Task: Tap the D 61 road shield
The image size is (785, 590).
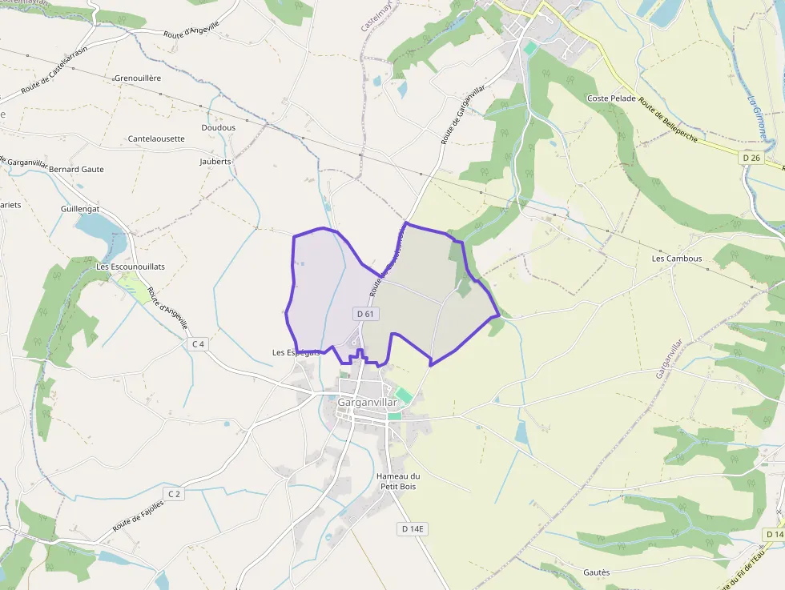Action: coord(365,314)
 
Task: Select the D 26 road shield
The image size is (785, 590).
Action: coord(751,159)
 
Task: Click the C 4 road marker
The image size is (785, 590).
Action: coord(198,344)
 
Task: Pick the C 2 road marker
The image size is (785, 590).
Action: coord(173,494)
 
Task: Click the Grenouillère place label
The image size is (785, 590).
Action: coord(138,78)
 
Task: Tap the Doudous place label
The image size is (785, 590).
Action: coord(219,128)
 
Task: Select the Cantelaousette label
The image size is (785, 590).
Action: coord(156,138)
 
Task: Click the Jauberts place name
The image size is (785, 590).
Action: coord(215,161)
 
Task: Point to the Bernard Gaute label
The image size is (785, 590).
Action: coord(76,170)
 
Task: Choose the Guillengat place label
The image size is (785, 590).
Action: coord(79,208)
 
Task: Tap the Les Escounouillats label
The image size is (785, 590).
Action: coord(131,267)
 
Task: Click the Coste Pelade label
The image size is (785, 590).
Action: coord(611,98)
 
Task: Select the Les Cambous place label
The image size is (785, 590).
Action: coord(676,259)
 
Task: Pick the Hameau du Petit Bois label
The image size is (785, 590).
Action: coord(397,481)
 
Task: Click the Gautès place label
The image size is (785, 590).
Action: coord(596,572)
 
